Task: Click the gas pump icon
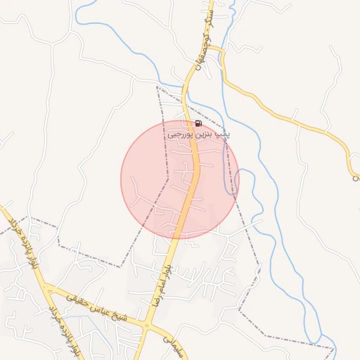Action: (198, 124)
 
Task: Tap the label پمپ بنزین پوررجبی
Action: (200, 134)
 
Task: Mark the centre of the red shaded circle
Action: (180, 179)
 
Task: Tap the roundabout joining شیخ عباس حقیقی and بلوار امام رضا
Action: (146, 324)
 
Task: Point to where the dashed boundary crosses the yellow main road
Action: (184, 112)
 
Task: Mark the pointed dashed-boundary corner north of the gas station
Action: (156, 86)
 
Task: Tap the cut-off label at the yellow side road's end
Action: (356, 177)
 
